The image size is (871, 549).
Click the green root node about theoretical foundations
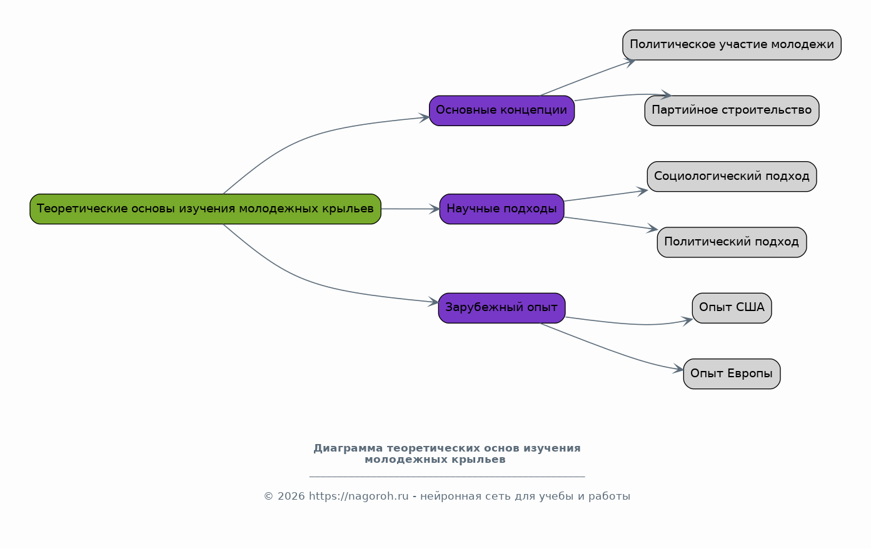[205, 209]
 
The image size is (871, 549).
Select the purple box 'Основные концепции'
[501, 111]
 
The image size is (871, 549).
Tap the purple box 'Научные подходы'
[501, 209]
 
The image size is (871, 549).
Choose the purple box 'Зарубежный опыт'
[501, 308]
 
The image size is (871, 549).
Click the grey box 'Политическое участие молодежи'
[732, 45]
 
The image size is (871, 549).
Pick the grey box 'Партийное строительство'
[732, 111]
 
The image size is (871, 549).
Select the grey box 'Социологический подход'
[732, 176]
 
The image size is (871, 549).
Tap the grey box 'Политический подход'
[732, 242]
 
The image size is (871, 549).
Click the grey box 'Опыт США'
[732, 308]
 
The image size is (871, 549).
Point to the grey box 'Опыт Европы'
[732, 373]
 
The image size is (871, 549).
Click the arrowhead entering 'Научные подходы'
[435, 209]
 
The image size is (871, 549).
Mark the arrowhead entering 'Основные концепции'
[424, 118]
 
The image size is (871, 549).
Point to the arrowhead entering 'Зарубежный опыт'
[433, 302]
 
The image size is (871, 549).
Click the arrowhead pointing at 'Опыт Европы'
[678, 369]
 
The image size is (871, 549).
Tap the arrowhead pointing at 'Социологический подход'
[642, 191]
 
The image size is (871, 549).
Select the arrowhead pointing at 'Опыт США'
[687, 321]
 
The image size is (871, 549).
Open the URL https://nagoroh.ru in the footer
[358, 497]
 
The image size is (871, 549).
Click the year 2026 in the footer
[291, 497]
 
